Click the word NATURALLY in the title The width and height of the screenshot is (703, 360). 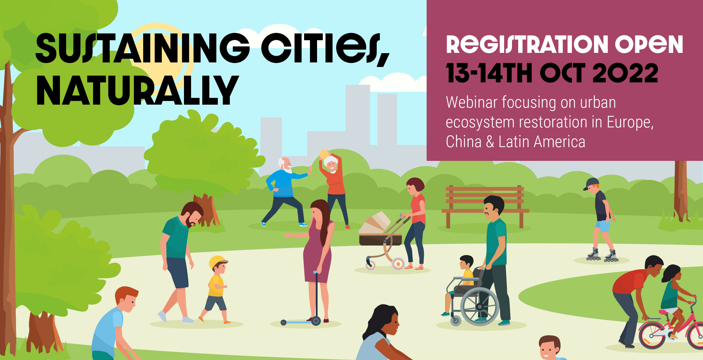point(138,90)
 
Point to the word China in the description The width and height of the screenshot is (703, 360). point(464,141)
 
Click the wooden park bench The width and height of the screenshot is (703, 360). point(485,206)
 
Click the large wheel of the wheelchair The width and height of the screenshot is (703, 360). point(480,306)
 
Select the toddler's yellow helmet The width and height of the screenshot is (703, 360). point(217,262)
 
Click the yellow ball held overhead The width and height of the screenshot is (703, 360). point(324,154)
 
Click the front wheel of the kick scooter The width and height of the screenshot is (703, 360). point(316,321)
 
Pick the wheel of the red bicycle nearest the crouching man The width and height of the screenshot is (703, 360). point(652,336)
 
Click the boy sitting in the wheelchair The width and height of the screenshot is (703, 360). point(461,281)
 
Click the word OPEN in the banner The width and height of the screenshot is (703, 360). point(649,44)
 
